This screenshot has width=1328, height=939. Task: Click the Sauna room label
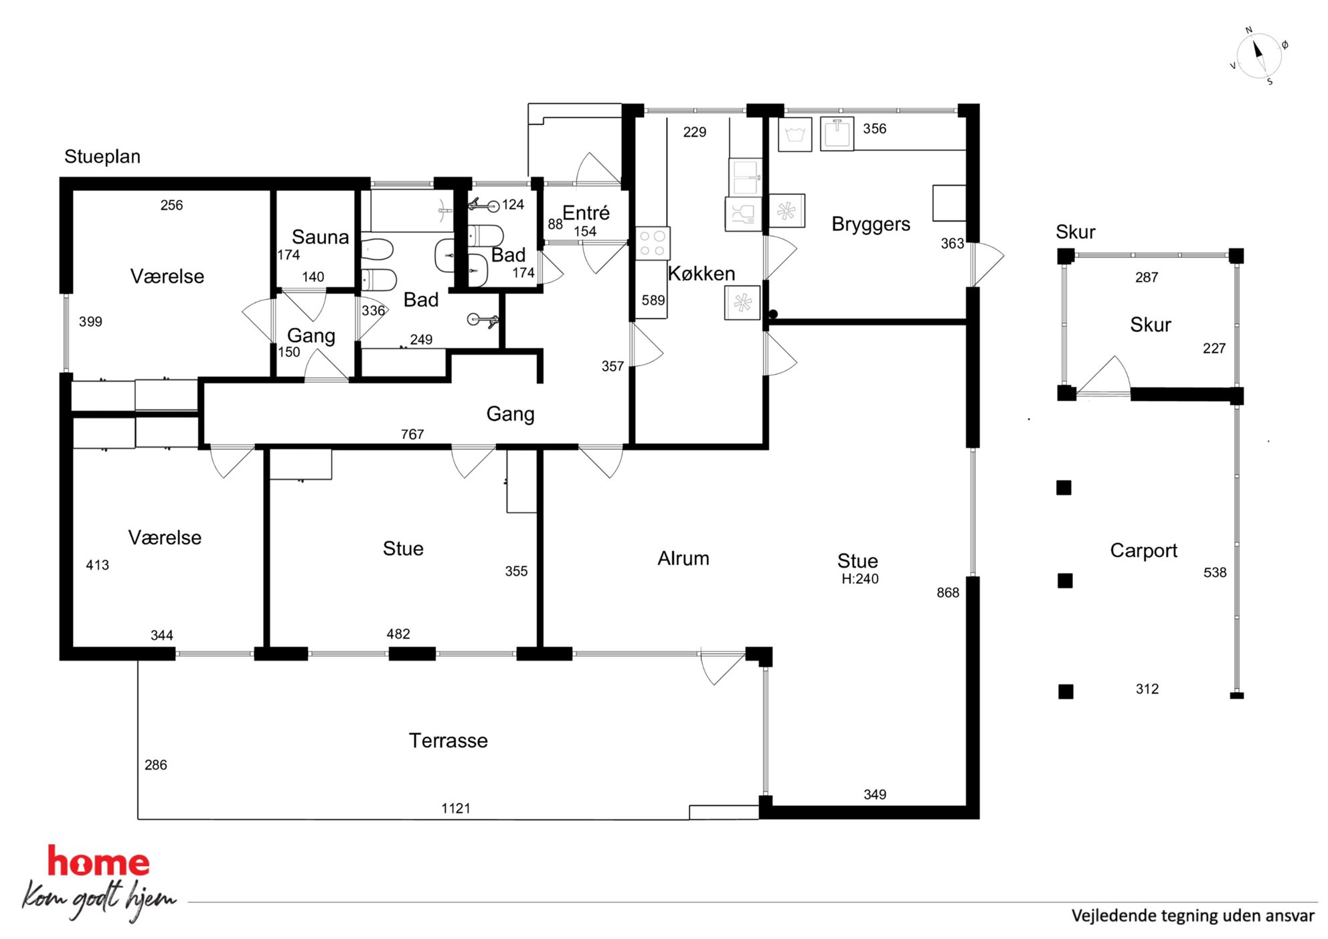point(320,237)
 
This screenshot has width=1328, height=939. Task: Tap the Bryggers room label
point(871,224)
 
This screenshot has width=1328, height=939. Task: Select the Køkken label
point(701,273)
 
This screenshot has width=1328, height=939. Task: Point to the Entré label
point(586,213)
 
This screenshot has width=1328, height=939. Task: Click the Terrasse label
point(448,740)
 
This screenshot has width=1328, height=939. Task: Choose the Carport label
point(1143,550)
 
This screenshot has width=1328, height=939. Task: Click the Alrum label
point(683,558)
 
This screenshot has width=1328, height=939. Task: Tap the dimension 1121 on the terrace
point(456,808)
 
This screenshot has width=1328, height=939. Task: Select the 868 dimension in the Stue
point(948,592)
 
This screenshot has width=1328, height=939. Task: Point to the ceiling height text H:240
point(860,579)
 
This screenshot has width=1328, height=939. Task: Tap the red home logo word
point(98,861)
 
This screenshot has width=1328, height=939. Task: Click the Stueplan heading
point(102,157)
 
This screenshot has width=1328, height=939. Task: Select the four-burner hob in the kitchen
point(653,243)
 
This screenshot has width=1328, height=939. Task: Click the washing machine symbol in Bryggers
point(795,135)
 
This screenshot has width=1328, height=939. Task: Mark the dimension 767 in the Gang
point(412,434)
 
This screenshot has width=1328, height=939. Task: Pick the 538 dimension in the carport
point(1215,572)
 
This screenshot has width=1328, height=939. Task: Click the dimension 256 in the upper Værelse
point(171,205)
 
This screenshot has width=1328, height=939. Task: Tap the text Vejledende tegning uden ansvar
point(1193,916)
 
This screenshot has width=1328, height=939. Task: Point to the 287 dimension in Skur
point(1147,277)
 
